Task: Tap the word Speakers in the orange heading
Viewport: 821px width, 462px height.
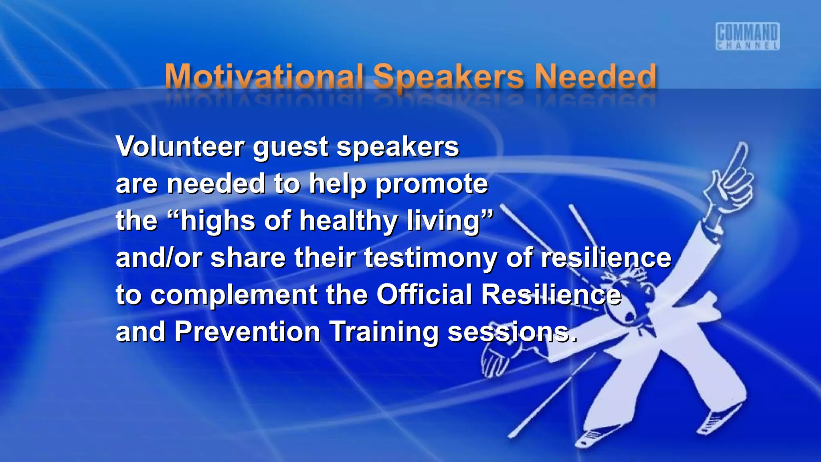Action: tap(448, 77)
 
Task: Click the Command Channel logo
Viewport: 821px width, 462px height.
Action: tap(747, 36)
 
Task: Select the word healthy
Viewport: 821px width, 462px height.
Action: tap(348, 221)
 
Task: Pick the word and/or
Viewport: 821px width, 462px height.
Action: tap(159, 257)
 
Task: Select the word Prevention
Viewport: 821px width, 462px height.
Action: tap(247, 332)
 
